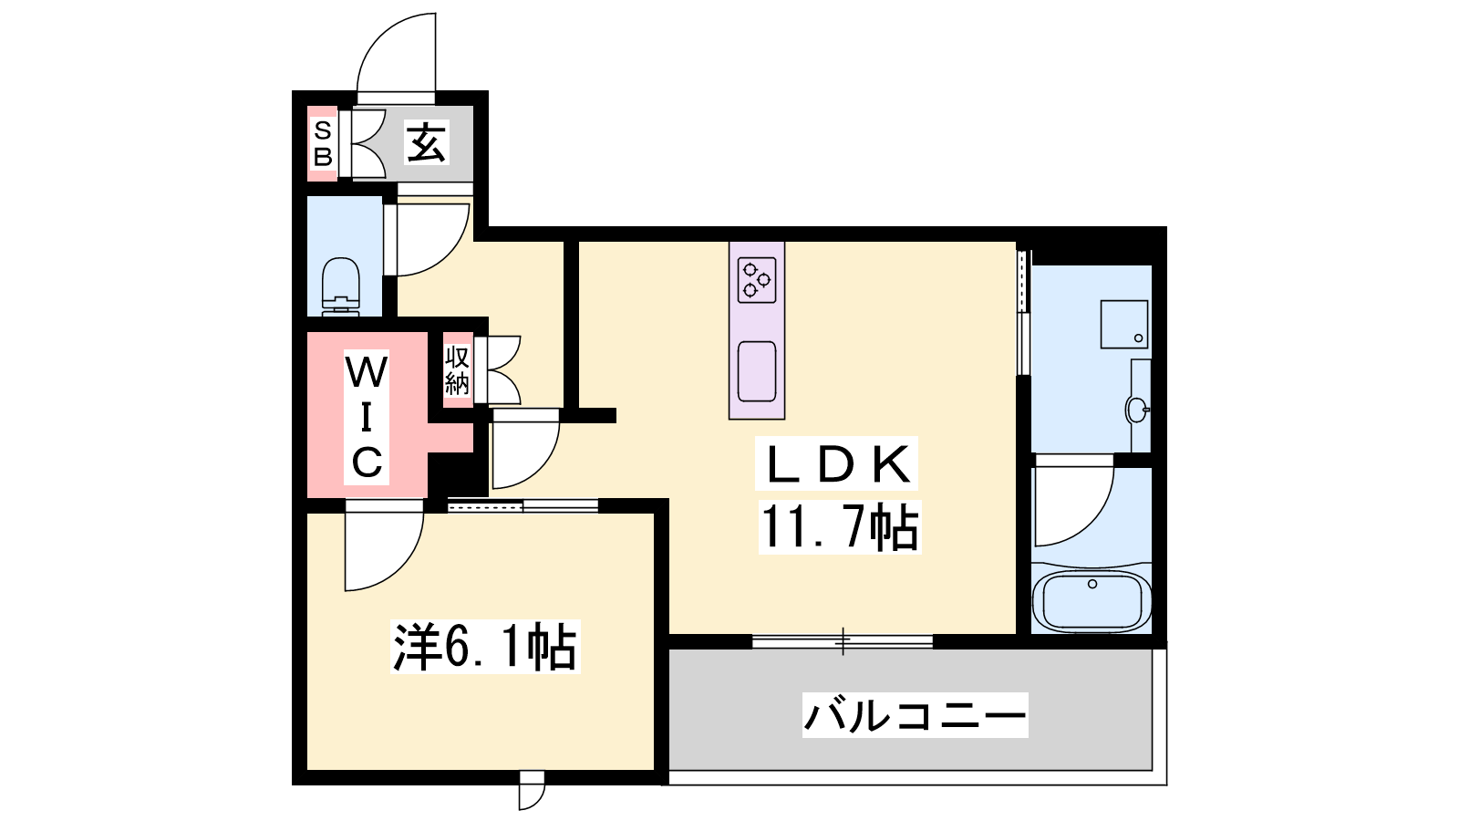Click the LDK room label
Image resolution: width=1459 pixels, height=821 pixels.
(836, 463)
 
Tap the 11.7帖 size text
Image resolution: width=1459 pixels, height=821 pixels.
(840, 527)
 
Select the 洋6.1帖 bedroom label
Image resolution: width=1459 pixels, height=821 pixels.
(484, 647)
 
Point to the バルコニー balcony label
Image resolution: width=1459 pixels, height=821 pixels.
(915, 715)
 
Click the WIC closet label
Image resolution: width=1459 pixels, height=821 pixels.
(367, 418)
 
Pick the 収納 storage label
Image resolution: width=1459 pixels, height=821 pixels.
(457, 370)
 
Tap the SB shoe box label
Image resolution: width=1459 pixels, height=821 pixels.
(323, 143)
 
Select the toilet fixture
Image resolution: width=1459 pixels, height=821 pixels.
(341, 286)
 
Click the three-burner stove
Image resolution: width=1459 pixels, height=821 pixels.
(757, 279)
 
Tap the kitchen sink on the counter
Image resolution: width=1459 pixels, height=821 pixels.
(757, 371)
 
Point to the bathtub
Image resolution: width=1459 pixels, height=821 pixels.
(1092, 599)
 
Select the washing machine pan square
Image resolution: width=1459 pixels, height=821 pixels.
(1124, 324)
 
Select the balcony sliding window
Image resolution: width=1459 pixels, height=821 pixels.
(843, 641)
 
